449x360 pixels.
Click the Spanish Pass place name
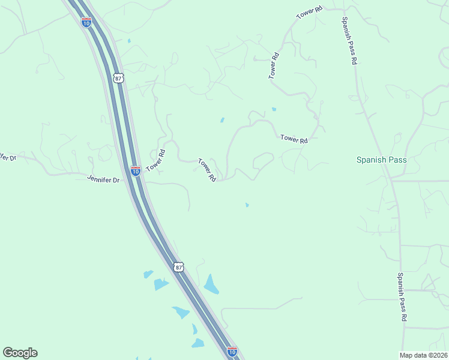pyautogui.click(x=381, y=160)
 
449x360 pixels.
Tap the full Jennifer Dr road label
pyautogui.click(x=103, y=179)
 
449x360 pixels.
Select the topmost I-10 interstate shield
pyautogui.click(x=86, y=22)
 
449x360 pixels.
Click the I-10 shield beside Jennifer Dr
pyautogui.click(x=136, y=171)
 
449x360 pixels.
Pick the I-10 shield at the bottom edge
pyautogui.click(x=232, y=351)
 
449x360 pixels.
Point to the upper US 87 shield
pyautogui.click(x=118, y=78)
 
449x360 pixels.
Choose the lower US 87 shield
pyautogui.click(x=178, y=267)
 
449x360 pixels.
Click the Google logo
pyautogui.click(x=20, y=353)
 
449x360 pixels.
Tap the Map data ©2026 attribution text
pyautogui.click(x=424, y=355)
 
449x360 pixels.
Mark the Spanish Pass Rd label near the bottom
pyautogui.click(x=403, y=296)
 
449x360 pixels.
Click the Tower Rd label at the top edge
pyautogui.click(x=310, y=13)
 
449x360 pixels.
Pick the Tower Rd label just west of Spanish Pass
pyautogui.click(x=294, y=139)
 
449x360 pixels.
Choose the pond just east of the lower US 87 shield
pyautogui.click(x=211, y=284)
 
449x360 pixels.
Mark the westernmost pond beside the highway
pyautogui.click(x=148, y=275)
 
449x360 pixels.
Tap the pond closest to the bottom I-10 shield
pyautogui.click(x=197, y=344)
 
